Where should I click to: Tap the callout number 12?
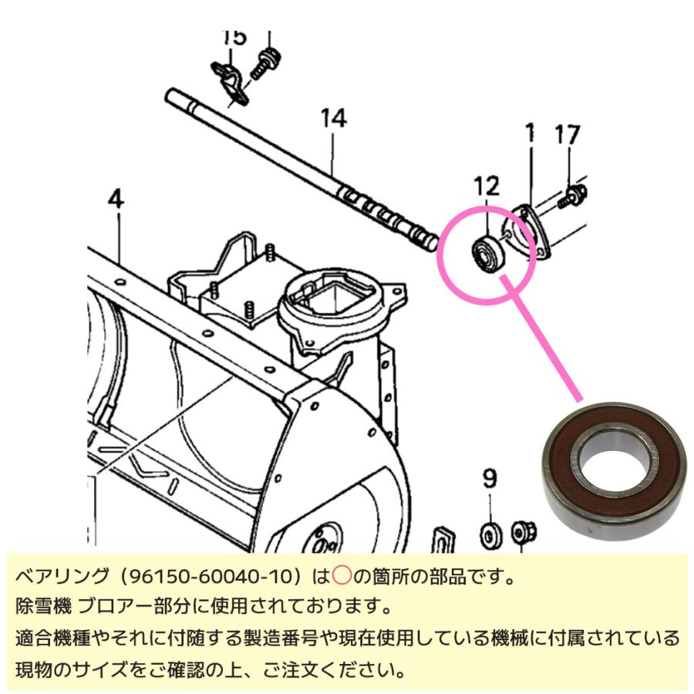coord(487,186)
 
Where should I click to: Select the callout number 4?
coord(115,200)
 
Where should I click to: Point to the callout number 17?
coord(567,136)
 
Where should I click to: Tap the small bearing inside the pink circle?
coord(487,254)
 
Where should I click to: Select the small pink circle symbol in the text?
coord(341,577)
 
